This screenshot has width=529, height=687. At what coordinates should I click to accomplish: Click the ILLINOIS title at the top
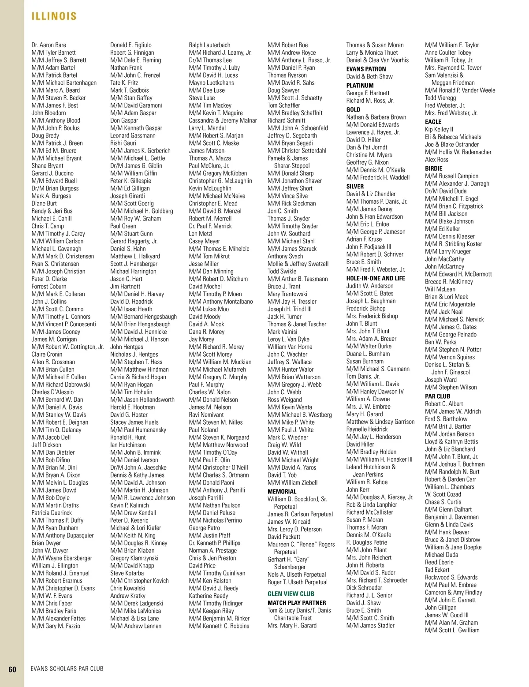pos(54,17)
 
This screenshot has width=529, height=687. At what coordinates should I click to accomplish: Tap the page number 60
pos(12,669)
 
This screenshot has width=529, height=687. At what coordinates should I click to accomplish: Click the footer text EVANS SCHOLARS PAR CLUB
pos(67,669)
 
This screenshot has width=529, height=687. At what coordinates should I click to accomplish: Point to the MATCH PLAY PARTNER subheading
pos(297,603)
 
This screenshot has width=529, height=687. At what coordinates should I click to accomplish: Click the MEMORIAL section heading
pos(282,492)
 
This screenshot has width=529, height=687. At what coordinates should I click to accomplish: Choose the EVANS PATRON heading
pos(366,69)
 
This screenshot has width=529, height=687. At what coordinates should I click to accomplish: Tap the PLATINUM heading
pos(360,86)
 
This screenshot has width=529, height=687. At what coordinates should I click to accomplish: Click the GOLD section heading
pos(353,110)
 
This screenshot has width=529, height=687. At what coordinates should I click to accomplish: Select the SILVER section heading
pos(355,187)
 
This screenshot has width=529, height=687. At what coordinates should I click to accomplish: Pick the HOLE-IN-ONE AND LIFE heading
pos(376,278)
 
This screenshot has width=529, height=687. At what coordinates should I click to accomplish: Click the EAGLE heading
pos(433,122)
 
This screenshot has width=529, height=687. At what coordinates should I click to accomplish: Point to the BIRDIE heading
pos(433,168)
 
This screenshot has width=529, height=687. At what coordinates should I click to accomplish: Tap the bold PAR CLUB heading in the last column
pos(437,396)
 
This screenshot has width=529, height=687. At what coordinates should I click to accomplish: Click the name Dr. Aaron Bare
pos(49,45)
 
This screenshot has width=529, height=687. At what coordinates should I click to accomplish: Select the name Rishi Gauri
pos(123,143)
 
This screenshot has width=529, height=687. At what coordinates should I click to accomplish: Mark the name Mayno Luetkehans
pos(211,83)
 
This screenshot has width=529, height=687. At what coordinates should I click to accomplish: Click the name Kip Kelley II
pos(439,130)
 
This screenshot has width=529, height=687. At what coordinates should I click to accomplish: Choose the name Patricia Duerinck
pos(52,513)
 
